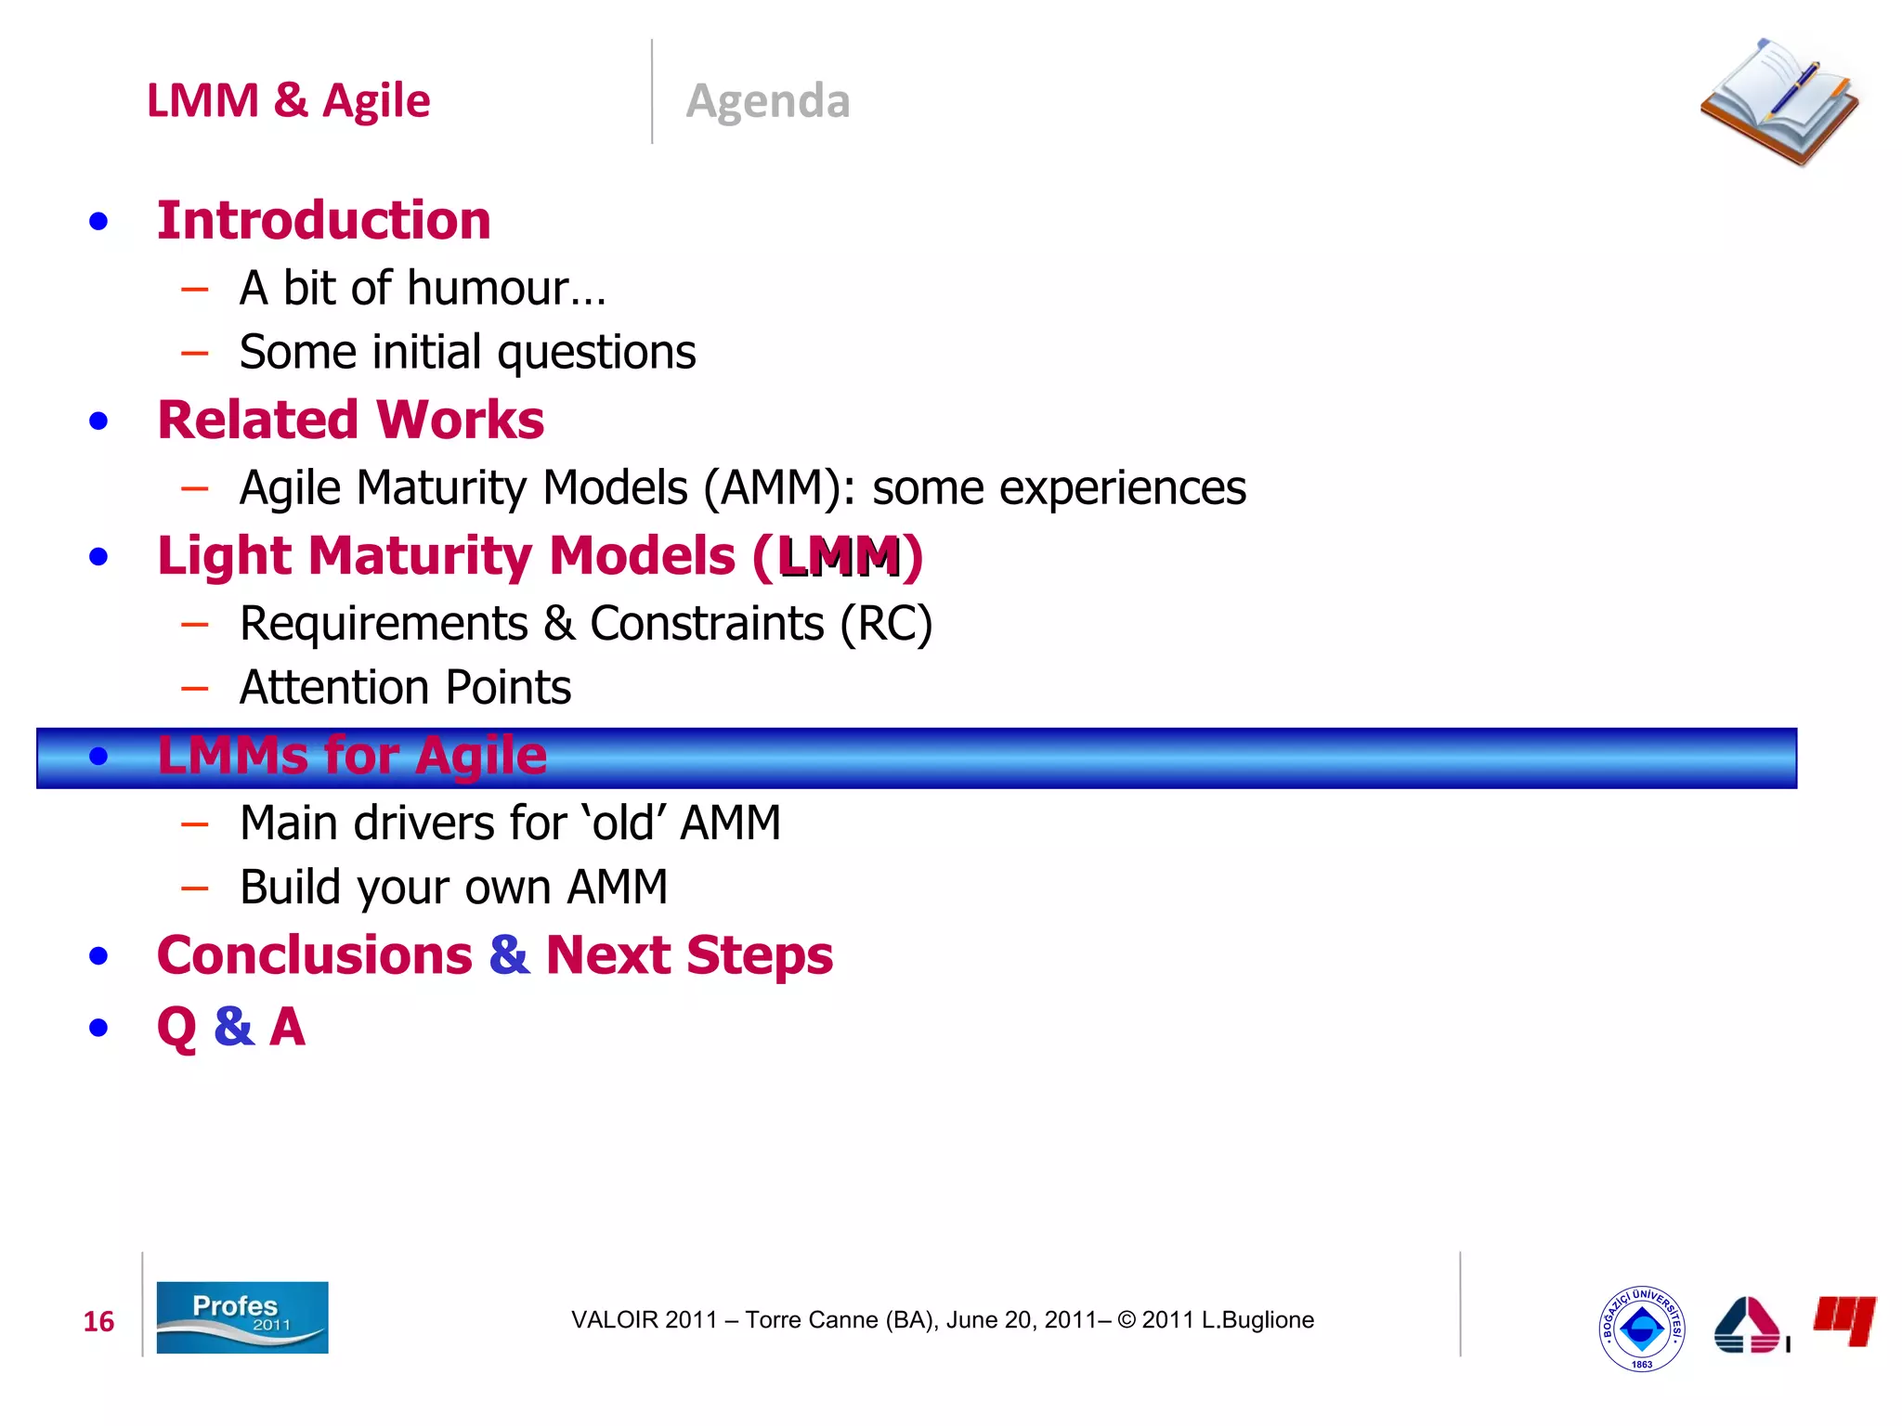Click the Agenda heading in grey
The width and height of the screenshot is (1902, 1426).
point(767,100)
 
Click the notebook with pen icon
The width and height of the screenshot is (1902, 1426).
point(1778,102)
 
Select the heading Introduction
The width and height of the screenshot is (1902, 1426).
point(323,221)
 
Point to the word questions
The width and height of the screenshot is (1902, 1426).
point(596,353)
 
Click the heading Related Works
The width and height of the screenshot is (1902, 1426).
point(350,420)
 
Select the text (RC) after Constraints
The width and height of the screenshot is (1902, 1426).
point(885,623)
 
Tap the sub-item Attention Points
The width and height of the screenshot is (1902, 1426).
point(405,688)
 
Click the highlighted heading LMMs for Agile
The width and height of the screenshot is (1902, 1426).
point(351,756)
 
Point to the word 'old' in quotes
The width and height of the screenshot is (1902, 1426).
point(623,823)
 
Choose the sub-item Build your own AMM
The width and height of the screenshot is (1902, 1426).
point(453,888)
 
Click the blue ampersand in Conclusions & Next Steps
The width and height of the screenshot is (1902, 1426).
point(509,955)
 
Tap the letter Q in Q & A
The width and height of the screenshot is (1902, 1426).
point(176,1028)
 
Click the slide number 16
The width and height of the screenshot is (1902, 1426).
point(98,1321)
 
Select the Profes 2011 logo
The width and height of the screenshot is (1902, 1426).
point(241,1317)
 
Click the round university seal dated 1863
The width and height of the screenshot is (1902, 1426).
point(1641,1329)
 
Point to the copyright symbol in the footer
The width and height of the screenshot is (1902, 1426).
point(1127,1320)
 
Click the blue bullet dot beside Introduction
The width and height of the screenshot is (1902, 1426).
point(98,222)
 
